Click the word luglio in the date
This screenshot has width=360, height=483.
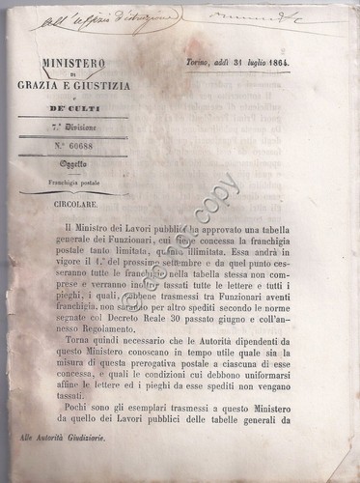tap(281, 60)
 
